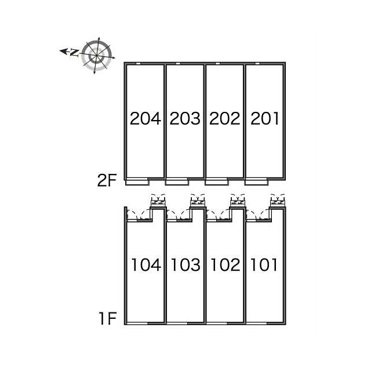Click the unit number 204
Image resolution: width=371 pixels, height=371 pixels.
coord(146,118)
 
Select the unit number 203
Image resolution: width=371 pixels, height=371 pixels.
coord(185,118)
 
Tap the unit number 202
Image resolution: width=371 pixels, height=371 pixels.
coord(225,118)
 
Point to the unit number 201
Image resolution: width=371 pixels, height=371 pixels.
coord(264,118)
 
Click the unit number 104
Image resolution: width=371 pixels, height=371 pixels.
coord(146,265)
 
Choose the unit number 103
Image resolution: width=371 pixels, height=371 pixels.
coord(185,265)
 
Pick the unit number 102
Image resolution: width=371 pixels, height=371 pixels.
coord(225,265)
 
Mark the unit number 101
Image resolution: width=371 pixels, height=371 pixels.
coord(264,265)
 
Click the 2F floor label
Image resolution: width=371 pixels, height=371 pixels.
coord(107,180)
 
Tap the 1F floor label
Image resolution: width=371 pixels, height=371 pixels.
coord(108,318)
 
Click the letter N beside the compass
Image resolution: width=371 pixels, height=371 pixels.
coord(74,53)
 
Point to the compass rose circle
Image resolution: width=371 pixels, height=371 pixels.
coord(97,56)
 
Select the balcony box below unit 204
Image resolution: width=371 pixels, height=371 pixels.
coord(137,183)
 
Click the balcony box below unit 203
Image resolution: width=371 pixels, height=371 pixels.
coord(177,183)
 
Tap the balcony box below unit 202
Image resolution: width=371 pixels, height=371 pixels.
coord(217,183)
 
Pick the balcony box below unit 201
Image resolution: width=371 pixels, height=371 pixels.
coord(256,183)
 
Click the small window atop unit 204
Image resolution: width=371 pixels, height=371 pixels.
coord(138,63)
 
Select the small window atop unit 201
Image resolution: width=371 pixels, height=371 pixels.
coord(257,63)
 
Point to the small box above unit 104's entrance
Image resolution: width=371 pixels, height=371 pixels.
coord(158,202)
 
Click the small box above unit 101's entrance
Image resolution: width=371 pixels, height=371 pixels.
coord(278,202)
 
